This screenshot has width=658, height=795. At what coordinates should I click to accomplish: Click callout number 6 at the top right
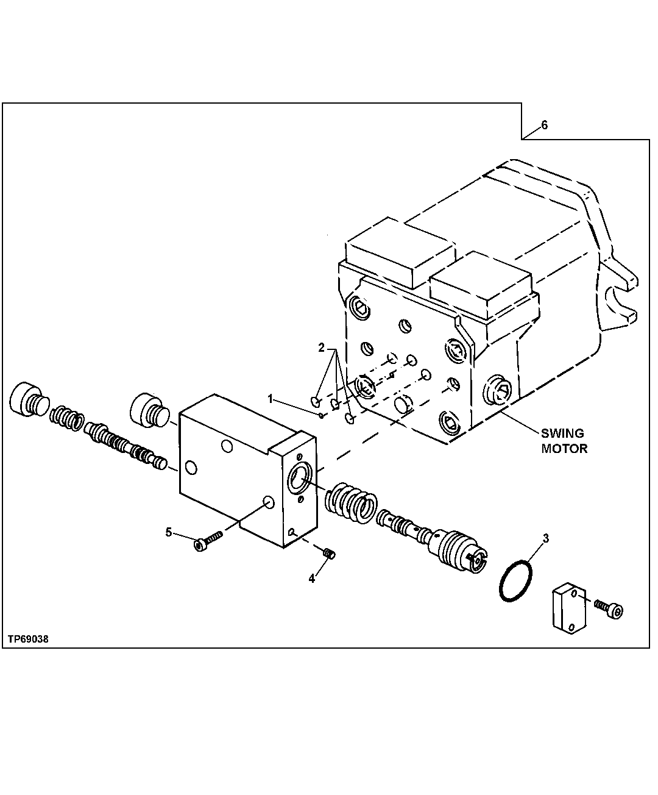[544, 125]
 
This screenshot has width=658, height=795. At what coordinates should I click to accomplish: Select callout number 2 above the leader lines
[321, 348]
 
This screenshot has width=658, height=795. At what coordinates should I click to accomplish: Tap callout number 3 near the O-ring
[546, 538]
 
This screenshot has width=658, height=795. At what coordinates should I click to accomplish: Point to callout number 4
[312, 579]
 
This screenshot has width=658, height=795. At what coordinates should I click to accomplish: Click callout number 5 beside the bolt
[169, 532]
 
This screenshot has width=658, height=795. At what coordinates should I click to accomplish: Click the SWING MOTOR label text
[563, 441]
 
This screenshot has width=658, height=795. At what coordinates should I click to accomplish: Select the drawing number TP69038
[29, 639]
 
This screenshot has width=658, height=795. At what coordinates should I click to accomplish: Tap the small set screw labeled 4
[330, 554]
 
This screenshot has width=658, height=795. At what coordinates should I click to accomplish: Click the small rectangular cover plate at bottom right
[569, 608]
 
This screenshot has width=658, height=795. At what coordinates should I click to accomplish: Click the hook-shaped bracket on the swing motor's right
[620, 298]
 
